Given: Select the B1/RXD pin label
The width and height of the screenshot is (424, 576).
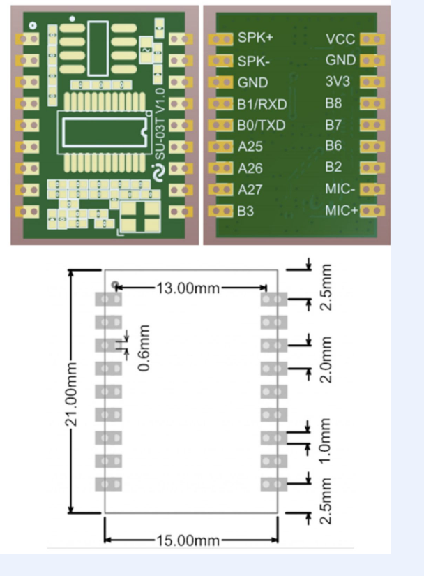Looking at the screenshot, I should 262,104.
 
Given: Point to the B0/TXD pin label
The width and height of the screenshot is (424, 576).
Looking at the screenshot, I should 262,126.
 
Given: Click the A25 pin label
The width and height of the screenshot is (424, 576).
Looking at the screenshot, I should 250,147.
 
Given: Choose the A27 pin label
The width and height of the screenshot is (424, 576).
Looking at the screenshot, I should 250,190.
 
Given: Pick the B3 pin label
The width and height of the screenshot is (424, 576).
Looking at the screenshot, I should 246,211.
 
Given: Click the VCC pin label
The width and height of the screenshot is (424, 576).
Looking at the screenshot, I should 340,39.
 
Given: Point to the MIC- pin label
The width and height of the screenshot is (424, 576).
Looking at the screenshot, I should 340,189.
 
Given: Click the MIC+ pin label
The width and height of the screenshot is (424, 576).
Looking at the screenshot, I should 341,210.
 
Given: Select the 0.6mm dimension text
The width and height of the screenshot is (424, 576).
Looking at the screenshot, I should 144,347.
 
